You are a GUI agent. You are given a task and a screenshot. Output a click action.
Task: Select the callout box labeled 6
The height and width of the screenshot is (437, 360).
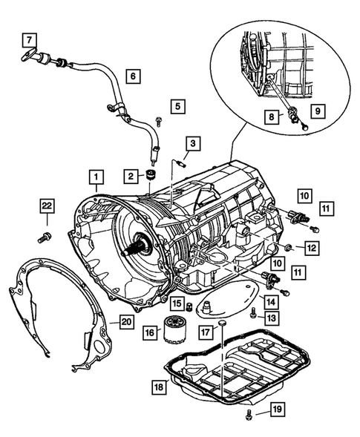click(x=133, y=75)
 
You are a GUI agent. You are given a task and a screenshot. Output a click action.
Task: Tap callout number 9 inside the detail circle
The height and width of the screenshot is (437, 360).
click(x=316, y=111)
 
